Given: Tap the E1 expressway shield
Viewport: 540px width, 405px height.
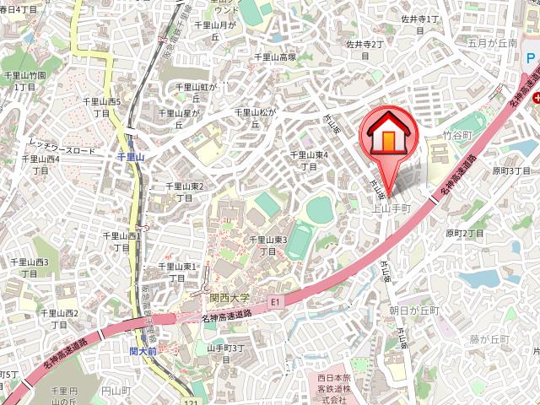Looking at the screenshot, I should tap(274, 301).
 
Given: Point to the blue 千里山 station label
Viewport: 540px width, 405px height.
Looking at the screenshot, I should tap(132, 156).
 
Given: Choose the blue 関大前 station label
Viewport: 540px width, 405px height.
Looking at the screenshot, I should tap(144, 350).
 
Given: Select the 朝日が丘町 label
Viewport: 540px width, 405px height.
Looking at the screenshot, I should tap(414, 310).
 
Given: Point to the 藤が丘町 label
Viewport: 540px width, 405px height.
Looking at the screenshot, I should tap(490, 338).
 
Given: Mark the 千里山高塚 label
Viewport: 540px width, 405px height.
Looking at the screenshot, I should tap(275, 57).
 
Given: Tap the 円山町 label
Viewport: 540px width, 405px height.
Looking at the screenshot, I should tap(112, 391).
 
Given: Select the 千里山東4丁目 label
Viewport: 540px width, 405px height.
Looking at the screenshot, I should tap(309, 160).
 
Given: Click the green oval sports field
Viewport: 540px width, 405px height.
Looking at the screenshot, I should tap(320, 208).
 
